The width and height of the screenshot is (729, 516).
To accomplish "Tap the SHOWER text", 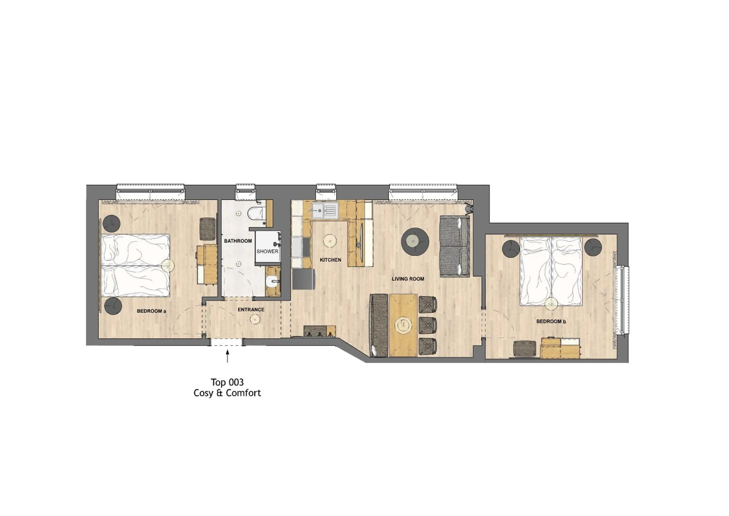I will point(267,251).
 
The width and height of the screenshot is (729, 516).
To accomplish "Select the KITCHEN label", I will point(330,260).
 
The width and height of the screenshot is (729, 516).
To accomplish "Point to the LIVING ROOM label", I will point(408,279).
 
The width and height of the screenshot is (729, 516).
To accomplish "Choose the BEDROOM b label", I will point(551,321).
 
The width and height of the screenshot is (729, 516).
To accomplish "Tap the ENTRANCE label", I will point(251,310).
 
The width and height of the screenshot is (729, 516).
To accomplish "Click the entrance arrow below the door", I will point(227,356).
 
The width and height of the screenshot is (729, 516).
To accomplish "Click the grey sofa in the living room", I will point(454,246).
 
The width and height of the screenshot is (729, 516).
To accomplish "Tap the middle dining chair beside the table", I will point(428,325).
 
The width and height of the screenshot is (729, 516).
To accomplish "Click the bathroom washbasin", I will point(273,282).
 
